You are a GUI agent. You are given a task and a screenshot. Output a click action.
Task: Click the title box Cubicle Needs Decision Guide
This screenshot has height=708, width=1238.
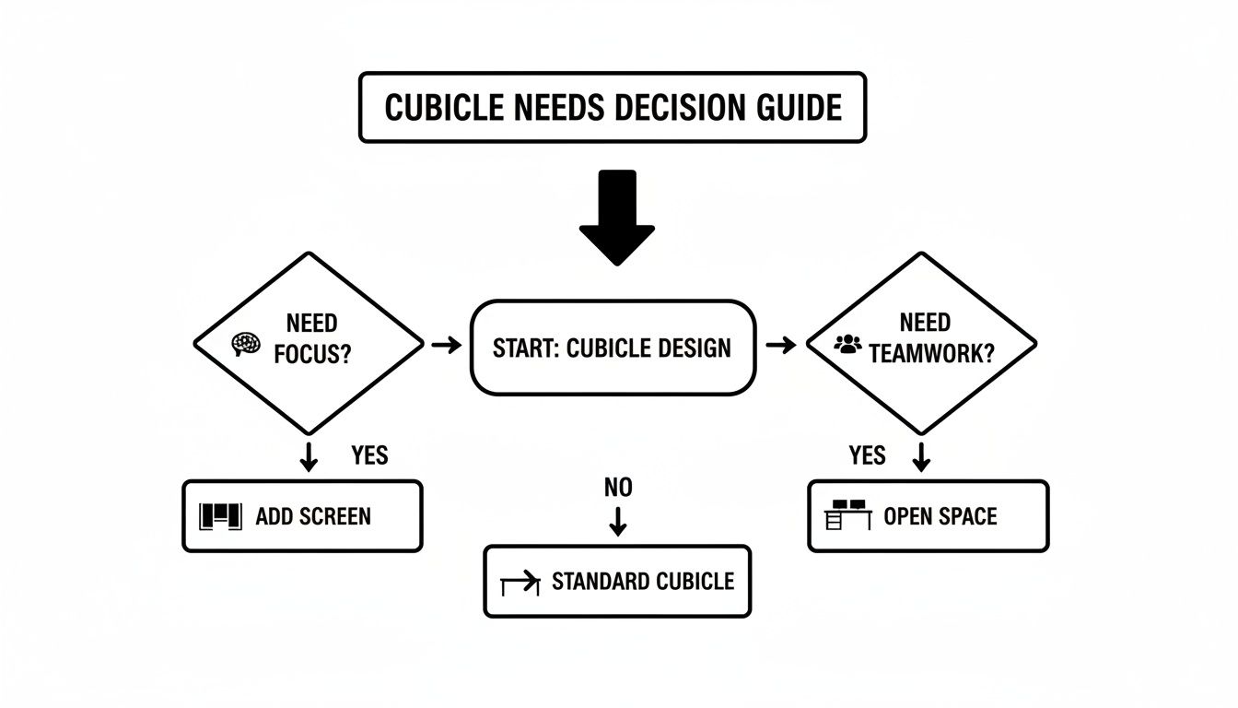613,107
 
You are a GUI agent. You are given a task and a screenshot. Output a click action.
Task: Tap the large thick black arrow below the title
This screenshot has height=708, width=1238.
616,218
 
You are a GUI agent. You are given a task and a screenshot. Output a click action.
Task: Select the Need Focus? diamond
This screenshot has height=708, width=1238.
309,343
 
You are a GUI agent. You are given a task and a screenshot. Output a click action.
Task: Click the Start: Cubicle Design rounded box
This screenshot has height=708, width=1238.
613,348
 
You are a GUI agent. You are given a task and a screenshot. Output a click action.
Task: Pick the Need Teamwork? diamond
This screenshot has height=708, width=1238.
921,343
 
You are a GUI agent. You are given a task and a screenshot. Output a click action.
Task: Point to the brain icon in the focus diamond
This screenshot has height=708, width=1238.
242,344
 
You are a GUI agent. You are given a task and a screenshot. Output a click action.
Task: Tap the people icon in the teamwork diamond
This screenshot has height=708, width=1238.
847,344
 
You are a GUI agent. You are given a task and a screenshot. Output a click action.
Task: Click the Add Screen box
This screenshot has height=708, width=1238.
302,516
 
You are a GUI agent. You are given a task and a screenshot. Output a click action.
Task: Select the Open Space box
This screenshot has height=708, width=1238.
928,516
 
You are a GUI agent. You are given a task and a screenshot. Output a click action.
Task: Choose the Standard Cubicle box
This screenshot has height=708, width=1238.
617,582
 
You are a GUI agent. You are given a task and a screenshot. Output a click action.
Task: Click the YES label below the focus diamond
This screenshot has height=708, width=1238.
369,455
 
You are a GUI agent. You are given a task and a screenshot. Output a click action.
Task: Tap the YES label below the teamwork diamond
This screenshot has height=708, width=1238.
867,455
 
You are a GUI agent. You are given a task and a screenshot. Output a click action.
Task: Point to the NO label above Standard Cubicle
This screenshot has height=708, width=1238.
618,488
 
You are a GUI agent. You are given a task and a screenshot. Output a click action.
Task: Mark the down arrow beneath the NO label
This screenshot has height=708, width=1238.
618,521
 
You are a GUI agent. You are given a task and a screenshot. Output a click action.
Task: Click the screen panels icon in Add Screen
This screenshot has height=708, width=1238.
220,516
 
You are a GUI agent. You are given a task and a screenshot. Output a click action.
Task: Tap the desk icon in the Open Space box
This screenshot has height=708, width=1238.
847,515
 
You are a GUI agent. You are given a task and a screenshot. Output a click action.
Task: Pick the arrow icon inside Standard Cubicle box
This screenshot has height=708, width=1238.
520,584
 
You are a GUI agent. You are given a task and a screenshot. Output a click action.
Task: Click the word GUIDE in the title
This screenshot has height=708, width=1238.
797,107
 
